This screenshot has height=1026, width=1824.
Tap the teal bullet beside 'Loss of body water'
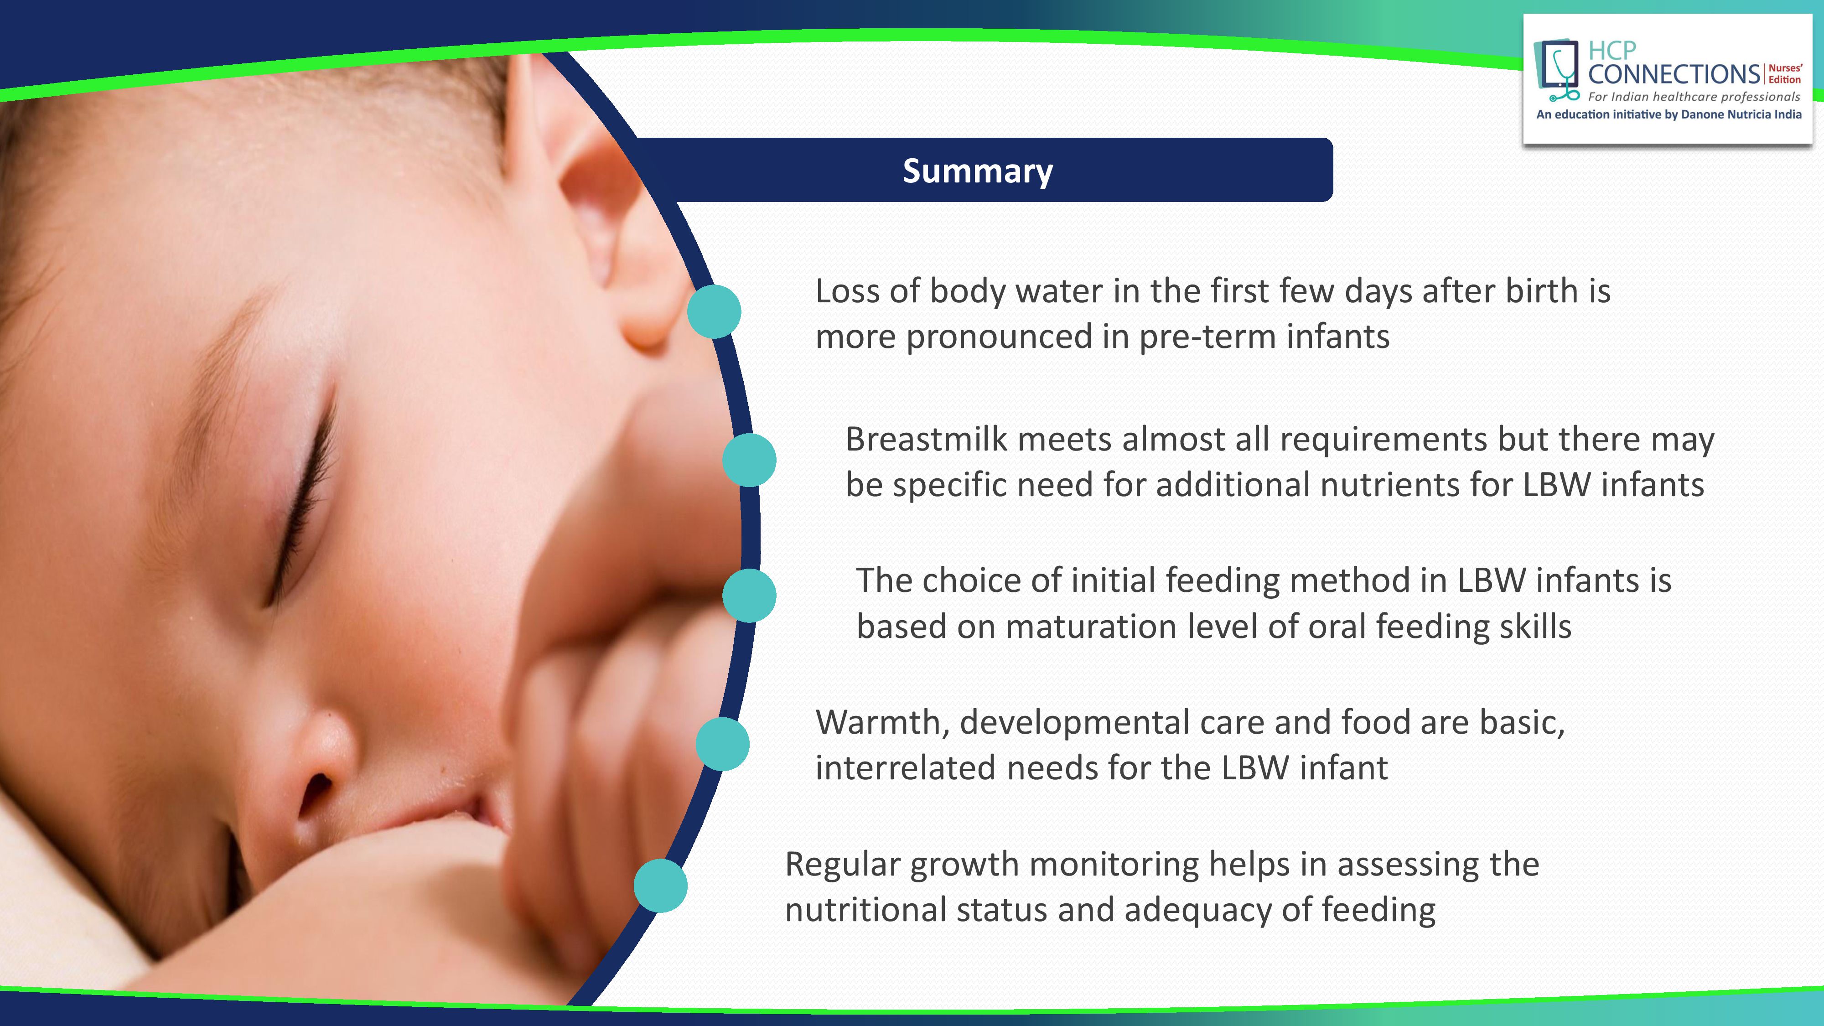tap(714, 311)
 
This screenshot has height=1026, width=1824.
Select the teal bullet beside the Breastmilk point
tap(749, 460)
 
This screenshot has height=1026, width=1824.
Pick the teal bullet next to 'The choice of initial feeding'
tap(749, 596)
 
